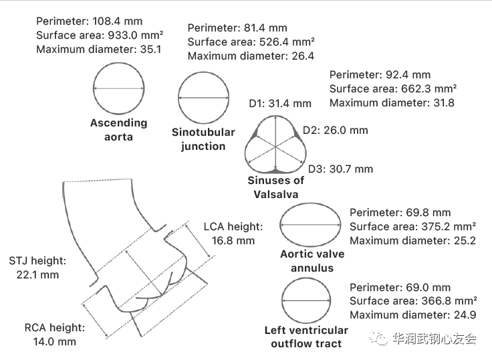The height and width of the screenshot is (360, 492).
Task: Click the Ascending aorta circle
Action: pyautogui.click(x=94, y=88)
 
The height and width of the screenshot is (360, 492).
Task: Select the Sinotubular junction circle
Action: pyautogui.click(x=178, y=98)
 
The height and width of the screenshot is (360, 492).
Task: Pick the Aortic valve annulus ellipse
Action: pyautogui.click(x=280, y=225)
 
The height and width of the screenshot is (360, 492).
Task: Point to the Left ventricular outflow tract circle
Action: pyautogui.click(x=282, y=300)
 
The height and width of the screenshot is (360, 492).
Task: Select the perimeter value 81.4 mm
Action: pyautogui.click(x=265, y=28)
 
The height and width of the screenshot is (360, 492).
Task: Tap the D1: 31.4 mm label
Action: pyautogui.click(x=280, y=103)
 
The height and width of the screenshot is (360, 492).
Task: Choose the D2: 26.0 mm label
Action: pyautogui.click(x=335, y=130)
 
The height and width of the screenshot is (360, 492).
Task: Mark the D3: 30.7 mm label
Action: pyautogui.click(x=340, y=169)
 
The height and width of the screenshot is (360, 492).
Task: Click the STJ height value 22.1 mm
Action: pyautogui.click(x=37, y=275)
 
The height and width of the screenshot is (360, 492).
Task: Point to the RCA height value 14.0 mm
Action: pyautogui.click(x=55, y=341)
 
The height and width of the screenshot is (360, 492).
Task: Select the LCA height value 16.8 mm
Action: pyautogui.click(x=233, y=241)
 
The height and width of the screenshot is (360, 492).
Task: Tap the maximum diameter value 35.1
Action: pyautogui.click(x=150, y=50)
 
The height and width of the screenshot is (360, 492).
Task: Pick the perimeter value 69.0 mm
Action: pyautogui.click(x=428, y=288)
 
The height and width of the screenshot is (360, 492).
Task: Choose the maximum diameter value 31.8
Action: pyautogui.click(x=443, y=103)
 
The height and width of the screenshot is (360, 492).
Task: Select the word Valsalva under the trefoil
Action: pyautogui.click(x=276, y=195)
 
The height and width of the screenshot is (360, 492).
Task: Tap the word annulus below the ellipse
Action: pyautogui.click(x=312, y=268)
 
